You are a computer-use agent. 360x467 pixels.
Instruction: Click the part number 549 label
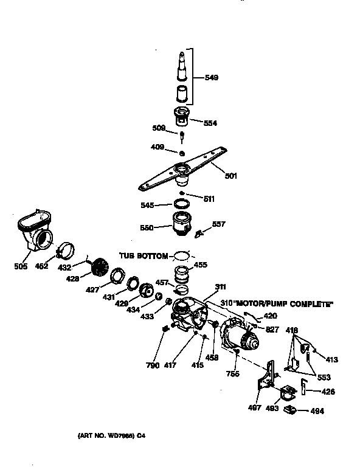tap(212, 77)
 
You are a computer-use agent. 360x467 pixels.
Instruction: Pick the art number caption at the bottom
tap(112, 436)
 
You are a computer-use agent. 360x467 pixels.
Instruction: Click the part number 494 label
tap(317, 411)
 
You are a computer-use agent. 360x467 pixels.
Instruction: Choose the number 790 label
tap(153, 365)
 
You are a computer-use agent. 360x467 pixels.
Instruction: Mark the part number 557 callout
tap(218, 224)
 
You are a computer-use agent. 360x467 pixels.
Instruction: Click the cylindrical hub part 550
tap(181, 224)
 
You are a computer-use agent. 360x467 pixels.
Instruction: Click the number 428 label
tap(72, 279)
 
